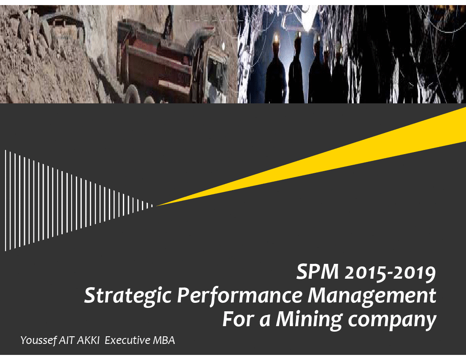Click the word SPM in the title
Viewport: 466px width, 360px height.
coord(317,271)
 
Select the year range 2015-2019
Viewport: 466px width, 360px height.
coord(390,272)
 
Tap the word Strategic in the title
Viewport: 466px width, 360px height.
coord(128,296)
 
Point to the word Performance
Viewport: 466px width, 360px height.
coord(240,296)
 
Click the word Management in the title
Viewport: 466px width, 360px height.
coord(372,296)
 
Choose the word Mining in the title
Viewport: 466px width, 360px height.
coord(309,320)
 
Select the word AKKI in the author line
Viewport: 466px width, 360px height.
coord(88,340)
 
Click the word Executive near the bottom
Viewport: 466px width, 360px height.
coord(128,340)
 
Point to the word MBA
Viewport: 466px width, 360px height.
coord(164,340)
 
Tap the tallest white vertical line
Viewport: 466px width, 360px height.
coord(6,200)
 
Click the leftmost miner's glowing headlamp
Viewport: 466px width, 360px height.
coord(276,38)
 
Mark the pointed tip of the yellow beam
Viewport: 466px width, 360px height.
coord(156,205)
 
